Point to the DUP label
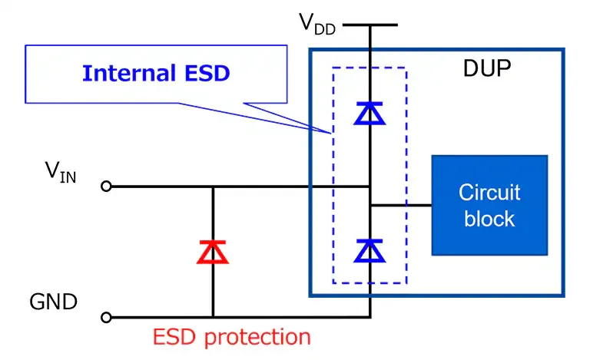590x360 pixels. pos(487,70)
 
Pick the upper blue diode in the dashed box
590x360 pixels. pos(370,114)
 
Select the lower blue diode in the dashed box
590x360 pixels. pos(370,249)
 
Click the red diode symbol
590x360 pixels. pos(213,252)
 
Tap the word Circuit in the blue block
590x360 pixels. pos(489,192)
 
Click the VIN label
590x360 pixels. pos(59,173)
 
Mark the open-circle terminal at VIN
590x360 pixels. pos(107,186)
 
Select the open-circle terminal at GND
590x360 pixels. pos(107,316)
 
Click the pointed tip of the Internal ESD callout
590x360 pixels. pos(331,132)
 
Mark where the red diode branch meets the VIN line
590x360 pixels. pos(213,186)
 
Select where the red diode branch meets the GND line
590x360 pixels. pos(213,316)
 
